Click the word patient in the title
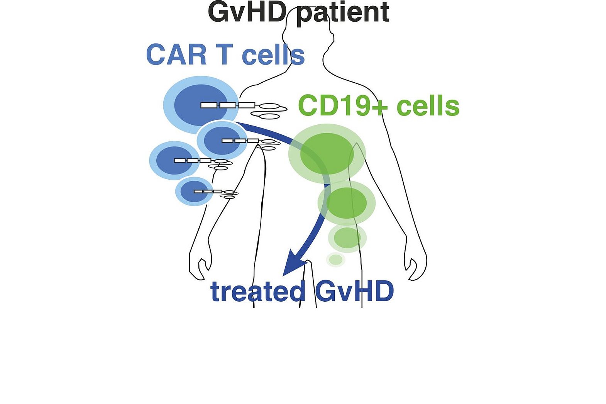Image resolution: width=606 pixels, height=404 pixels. click(x=344, y=12)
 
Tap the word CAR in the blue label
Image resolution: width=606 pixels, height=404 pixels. click(x=176, y=55)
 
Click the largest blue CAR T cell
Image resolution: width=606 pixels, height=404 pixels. click(x=201, y=104)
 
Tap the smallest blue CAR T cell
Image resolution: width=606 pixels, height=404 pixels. click(x=194, y=191)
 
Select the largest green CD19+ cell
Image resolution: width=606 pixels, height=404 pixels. click(x=327, y=153)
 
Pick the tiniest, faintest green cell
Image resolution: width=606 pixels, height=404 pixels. click(x=335, y=260)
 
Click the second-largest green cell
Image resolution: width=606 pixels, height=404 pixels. click(x=347, y=203)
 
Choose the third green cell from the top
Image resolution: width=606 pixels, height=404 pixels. click(x=347, y=238)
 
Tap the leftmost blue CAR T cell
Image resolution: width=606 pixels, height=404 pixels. click(x=174, y=160)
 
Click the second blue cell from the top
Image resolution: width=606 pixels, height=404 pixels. click(x=222, y=140)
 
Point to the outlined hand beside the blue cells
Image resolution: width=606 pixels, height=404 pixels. click(x=200, y=267)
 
